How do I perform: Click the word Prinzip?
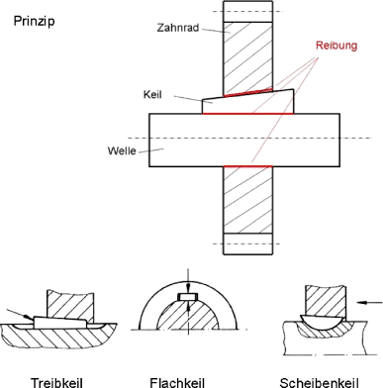click(34, 22)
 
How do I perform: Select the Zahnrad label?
click(178, 28)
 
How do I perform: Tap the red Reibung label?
click(336, 46)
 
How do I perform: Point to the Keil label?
click(152, 94)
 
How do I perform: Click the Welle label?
click(122, 150)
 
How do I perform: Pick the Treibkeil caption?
click(56, 383)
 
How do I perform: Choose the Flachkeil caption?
click(177, 383)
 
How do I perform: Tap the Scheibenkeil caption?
click(319, 383)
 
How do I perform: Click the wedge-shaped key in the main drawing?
click(247, 102)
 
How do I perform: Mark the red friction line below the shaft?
click(248, 166)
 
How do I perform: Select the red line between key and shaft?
click(247, 114)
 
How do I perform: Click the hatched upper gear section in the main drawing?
click(248, 58)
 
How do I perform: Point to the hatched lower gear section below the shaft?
click(248, 200)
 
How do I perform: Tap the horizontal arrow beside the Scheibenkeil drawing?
click(370, 302)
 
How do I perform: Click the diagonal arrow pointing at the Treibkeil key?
click(20, 315)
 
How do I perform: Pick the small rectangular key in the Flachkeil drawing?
click(187, 297)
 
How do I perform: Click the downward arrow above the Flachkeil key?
click(188, 280)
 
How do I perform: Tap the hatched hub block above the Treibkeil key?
click(70, 304)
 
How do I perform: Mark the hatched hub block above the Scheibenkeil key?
click(326, 301)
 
